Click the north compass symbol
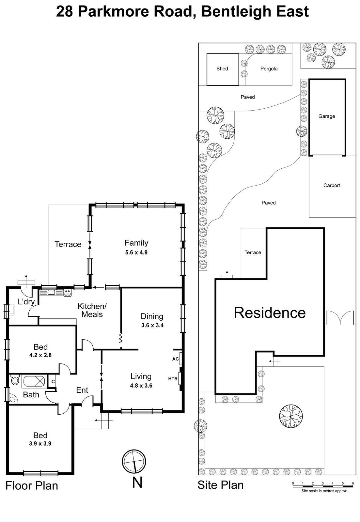click(134, 461)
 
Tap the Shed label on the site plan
click(222, 69)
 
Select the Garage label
click(327, 116)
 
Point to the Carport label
click(332, 185)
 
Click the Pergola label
click(269, 69)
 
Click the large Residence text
click(270, 313)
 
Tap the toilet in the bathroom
click(15, 380)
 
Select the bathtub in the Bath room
click(34, 381)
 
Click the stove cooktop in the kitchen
click(68, 292)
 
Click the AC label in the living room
click(175, 359)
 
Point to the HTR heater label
click(173, 379)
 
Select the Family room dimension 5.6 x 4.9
click(136, 253)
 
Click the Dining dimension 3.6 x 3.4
click(152, 325)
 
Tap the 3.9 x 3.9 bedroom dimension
click(40, 444)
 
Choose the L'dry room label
click(26, 302)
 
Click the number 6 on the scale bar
click(353, 483)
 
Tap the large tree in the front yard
click(291, 416)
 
